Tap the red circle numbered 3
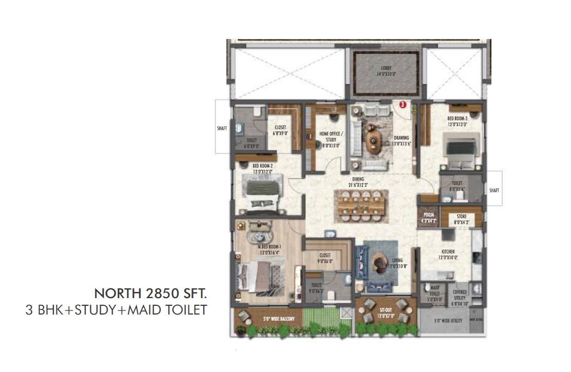[x=403, y=105]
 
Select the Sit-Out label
[x=386, y=313]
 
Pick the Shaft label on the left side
[x=222, y=128]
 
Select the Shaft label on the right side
[x=494, y=190]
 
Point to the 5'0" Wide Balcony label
[x=277, y=319]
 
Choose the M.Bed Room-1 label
[x=270, y=249]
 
